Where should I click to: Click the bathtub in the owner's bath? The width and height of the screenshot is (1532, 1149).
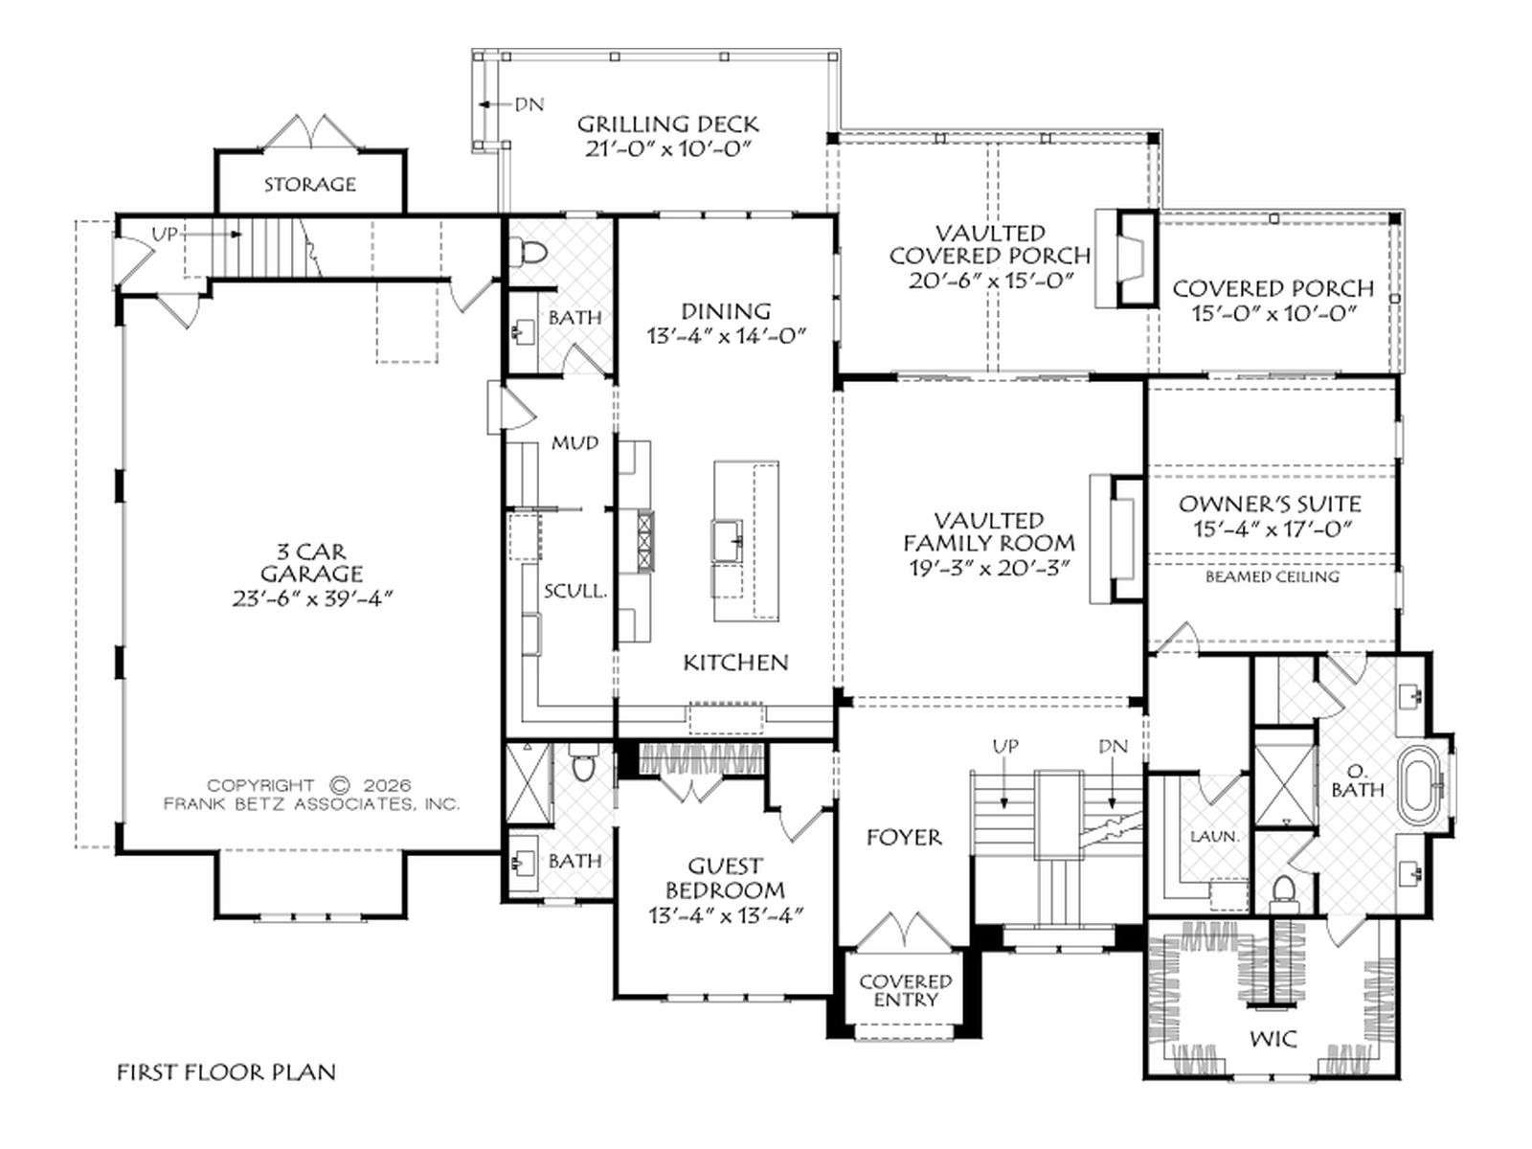point(1421,787)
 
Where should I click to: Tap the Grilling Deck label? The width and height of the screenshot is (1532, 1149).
point(667,124)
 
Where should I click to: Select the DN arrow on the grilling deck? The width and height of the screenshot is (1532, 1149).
point(494,104)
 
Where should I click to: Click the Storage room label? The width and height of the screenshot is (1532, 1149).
point(310,185)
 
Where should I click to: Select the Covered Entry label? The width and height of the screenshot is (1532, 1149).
point(905,991)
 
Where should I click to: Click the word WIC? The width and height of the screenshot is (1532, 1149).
point(1273,1040)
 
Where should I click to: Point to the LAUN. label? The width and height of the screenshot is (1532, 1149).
point(1214,837)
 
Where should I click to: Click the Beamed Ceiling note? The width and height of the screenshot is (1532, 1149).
point(1273,576)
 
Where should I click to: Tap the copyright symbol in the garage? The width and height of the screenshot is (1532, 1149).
point(339,785)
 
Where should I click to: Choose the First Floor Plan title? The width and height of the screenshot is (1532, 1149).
point(226,1071)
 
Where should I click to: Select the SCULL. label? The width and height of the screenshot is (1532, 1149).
point(575,591)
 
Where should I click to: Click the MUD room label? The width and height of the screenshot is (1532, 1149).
point(575,442)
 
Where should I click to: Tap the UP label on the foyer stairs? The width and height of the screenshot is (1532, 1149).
point(1004,747)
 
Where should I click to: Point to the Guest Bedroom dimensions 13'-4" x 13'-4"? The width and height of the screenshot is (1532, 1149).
point(726,914)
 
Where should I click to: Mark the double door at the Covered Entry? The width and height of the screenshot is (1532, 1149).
point(905,929)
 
